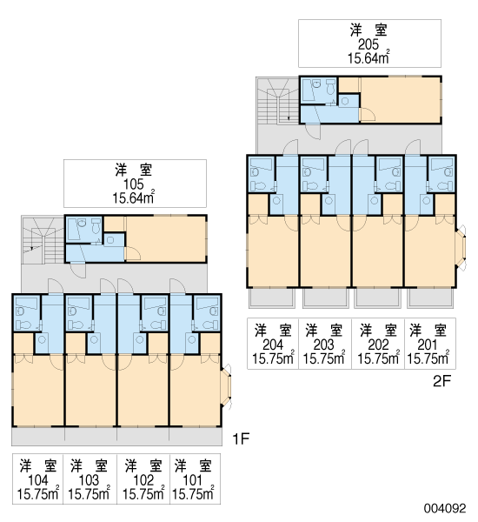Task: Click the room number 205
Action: (x=368, y=44)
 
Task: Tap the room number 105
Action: (x=133, y=184)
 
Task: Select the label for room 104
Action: (x=38, y=480)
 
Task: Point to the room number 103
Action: (x=89, y=480)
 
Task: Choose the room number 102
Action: (x=143, y=480)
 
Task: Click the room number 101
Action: (x=193, y=480)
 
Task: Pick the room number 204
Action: (x=273, y=345)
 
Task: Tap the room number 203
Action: (x=323, y=345)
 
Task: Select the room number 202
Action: (x=378, y=345)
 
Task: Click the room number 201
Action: (x=428, y=345)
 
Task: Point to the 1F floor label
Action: (x=241, y=439)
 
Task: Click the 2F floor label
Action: (x=441, y=381)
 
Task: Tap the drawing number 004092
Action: (x=445, y=508)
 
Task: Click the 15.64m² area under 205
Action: (x=368, y=57)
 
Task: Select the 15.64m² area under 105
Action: (x=133, y=197)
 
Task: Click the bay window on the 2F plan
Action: (x=461, y=247)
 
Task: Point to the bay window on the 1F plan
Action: (x=227, y=386)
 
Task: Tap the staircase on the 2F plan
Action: (x=278, y=101)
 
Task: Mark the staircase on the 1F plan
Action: (x=43, y=240)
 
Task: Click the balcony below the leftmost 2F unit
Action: (x=272, y=298)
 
